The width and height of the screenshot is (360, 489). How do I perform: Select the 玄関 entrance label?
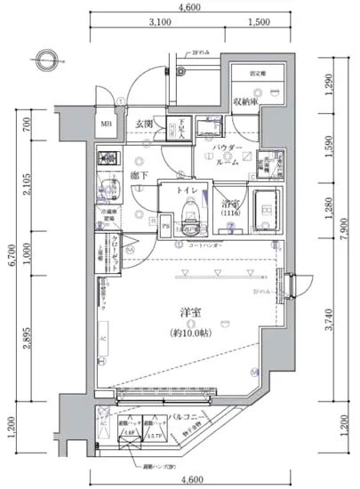pos(145,124)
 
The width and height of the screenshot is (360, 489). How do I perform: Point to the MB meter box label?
pos(106,124)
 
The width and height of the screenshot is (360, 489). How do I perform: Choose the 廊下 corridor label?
pos(139,177)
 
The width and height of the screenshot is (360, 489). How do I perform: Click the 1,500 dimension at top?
pos(260,21)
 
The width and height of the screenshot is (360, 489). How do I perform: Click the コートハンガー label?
pos(206,244)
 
